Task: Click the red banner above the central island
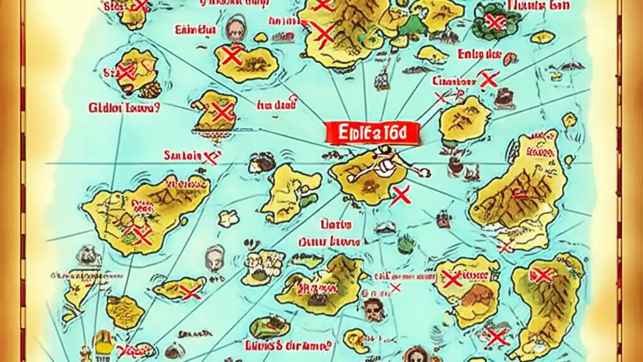(x=372, y=133)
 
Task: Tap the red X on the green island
(x=495, y=22)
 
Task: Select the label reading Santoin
(x=182, y=156)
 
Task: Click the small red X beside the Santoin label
(x=210, y=158)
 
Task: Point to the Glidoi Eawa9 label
(x=124, y=108)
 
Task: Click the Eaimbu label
(x=195, y=30)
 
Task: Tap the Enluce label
(x=479, y=54)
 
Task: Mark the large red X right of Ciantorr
(x=488, y=79)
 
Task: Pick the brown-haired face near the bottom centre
(x=373, y=309)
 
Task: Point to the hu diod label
(x=276, y=105)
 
